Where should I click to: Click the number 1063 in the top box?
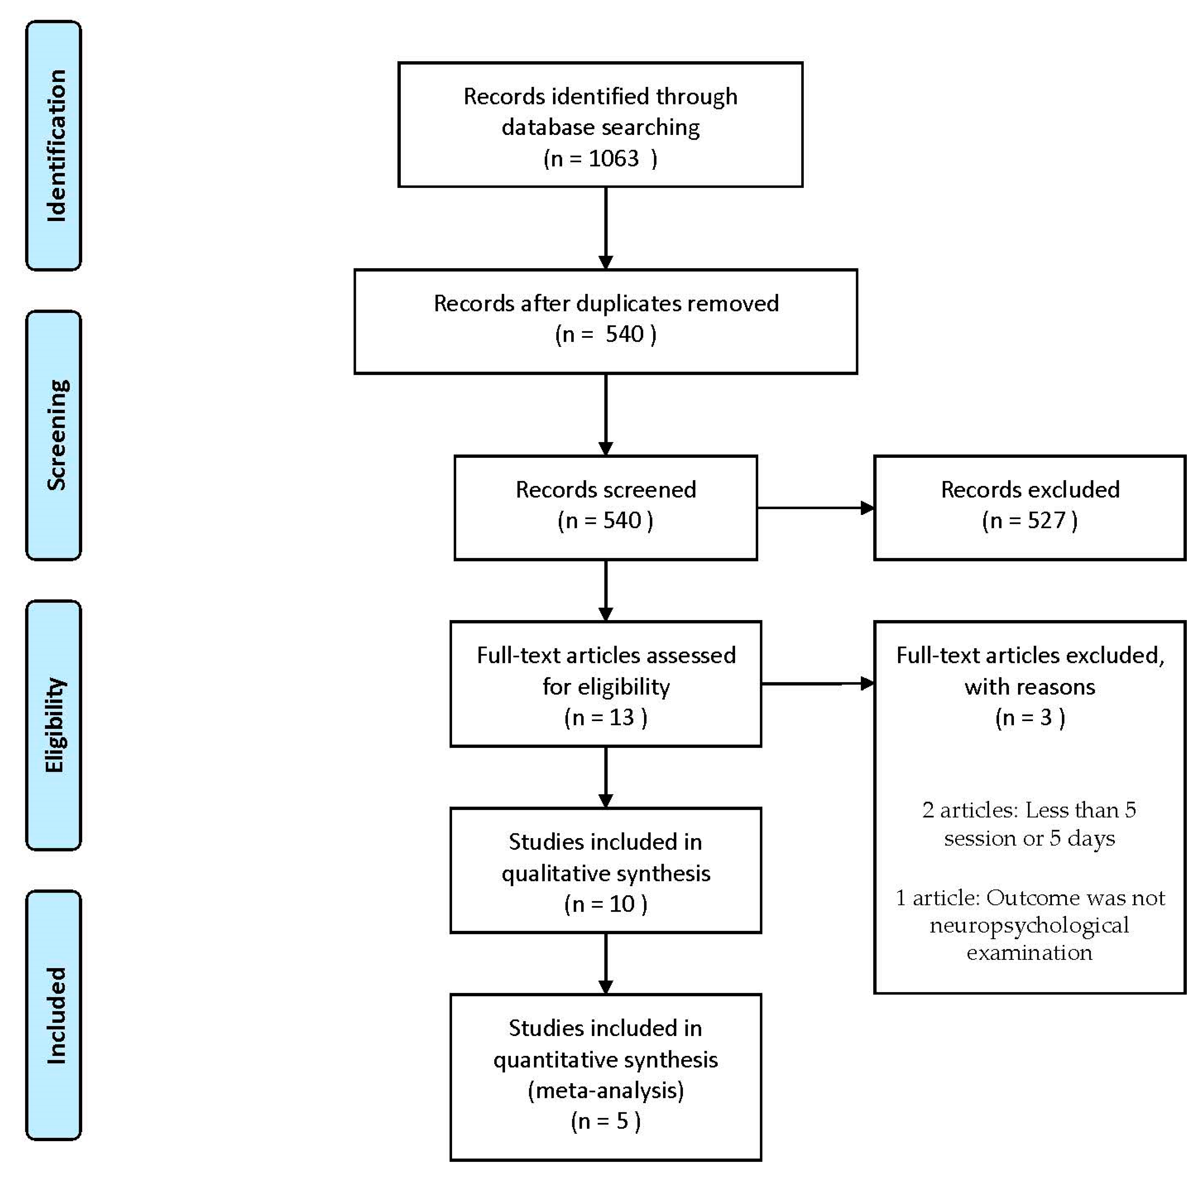click(613, 159)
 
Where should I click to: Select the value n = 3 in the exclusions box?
click(1030, 717)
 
